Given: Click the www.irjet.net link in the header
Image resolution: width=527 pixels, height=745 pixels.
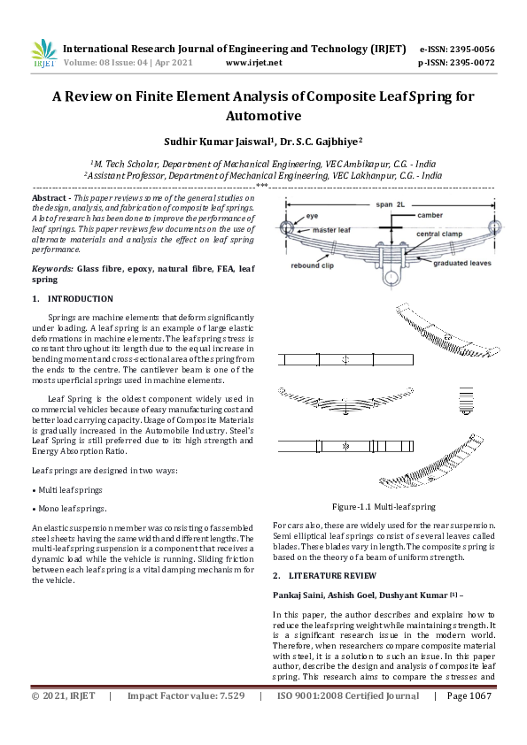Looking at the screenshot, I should click(x=254, y=63).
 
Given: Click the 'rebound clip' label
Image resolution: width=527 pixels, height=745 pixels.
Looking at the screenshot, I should click(x=312, y=265).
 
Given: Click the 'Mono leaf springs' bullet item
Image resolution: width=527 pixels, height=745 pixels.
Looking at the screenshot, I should click(x=71, y=509).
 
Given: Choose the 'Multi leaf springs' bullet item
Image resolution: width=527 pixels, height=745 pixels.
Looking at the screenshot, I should click(x=71, y=489).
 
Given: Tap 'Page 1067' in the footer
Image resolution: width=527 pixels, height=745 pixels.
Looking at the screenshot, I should click(x=469, y=721).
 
